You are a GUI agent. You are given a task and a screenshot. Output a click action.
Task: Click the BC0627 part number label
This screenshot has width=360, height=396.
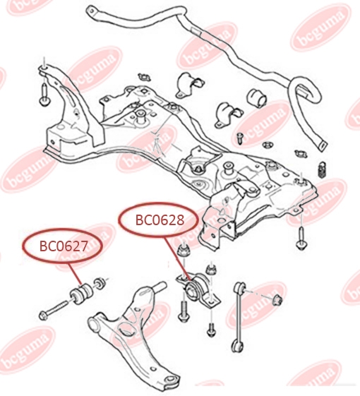click(x=64, y=246)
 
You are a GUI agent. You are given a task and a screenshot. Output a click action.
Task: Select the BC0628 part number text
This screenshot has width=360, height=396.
click(x=160, y=220)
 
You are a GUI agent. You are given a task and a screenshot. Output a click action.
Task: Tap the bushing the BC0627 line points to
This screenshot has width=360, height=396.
click(x=82, y=293)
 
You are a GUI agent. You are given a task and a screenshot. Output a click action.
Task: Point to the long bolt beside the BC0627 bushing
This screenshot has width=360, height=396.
click(x=54, y=309)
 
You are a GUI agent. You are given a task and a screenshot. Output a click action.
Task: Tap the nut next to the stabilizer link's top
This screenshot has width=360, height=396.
click(x=277, y=299)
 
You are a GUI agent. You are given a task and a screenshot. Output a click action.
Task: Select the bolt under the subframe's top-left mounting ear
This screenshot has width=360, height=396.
click(x=45, y=95)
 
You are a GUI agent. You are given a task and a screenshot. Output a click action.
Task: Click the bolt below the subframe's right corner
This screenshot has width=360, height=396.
click(x=301, y=239)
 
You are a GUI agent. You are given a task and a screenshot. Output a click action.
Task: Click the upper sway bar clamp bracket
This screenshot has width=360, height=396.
click(x=189, y=85)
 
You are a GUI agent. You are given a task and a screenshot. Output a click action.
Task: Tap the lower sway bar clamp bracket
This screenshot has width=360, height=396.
click(x=229, y=114)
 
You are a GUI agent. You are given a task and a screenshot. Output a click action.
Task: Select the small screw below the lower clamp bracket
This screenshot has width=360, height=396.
click(x=240, y=138)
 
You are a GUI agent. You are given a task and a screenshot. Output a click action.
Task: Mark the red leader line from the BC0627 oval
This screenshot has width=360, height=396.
click(x=75, y=273)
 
